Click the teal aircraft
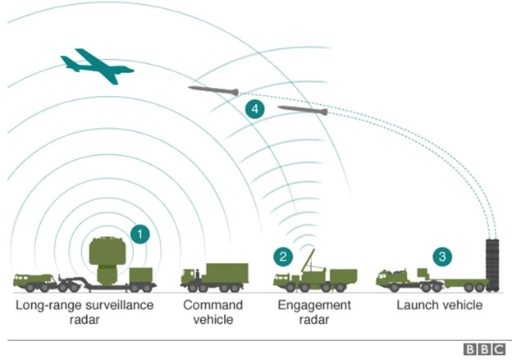point(97,66)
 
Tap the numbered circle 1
point(140,234)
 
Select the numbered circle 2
point(283,257)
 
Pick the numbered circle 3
point(442,257)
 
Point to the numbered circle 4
point(255,109)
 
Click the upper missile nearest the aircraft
point(213,90)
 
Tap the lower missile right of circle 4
point(303,111)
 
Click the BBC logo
point(484,349)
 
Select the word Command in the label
point(213,305)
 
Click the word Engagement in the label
point(314,306)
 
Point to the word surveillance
point(120,305)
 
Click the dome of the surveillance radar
point(107,251)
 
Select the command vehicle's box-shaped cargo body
point(226,273)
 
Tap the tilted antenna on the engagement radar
point(309,261)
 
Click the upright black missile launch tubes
point(492,265)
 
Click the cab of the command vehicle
point(191,277)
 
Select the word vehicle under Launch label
point(462,305)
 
